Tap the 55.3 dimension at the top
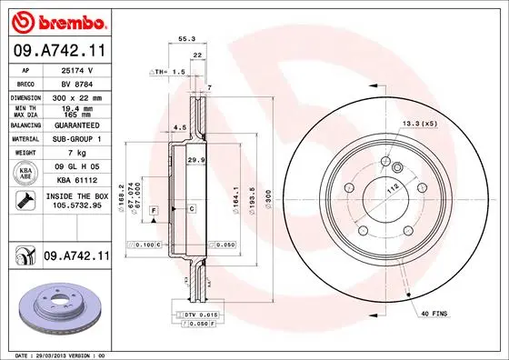click(186, 39)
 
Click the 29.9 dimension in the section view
click(195, 160)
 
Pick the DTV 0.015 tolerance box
click(194, 314)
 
